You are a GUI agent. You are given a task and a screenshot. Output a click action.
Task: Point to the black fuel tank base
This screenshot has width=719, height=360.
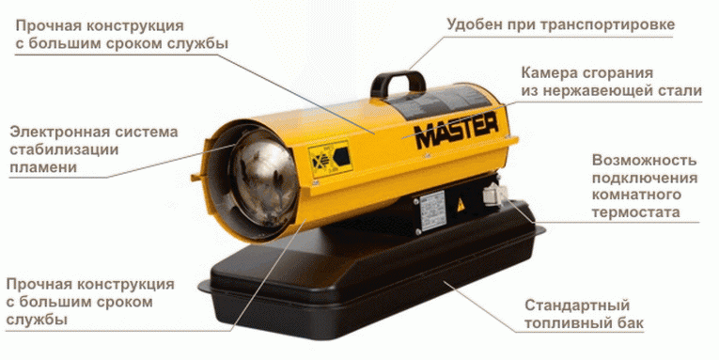376,282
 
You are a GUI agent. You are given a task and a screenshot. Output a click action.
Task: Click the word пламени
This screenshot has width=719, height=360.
39,167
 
